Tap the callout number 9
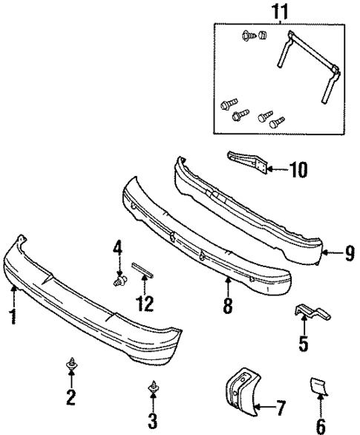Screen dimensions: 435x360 (x=348, y=255)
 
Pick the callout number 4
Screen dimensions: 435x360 (x=117, y=247)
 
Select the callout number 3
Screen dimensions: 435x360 (x=152, y=422)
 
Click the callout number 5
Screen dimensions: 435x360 (x=302, y=343)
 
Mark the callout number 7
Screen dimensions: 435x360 (x=280, y=407)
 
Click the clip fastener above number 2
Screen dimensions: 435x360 (x=71, y=364)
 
